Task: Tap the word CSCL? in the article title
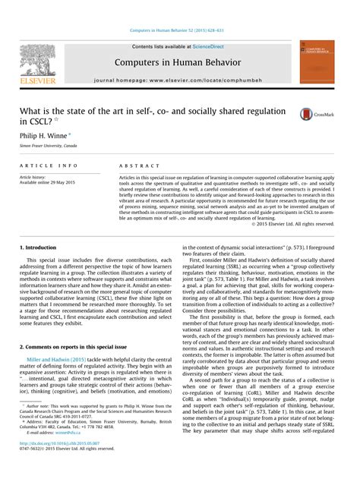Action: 34,121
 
